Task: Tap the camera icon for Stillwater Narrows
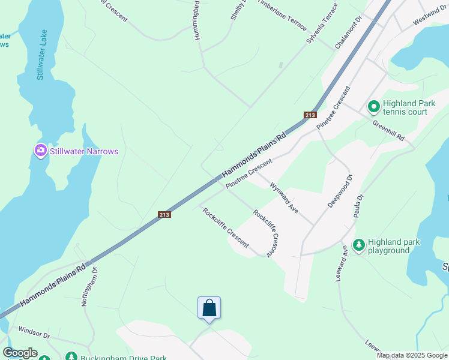pyautogui.click(x=41, y=151)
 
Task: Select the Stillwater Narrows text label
pyautogui.click(x=84, y=151)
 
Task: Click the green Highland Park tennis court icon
pyautogui.click(x=373, y=107)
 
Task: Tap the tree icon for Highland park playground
pyautogui.click(x=359, y=245)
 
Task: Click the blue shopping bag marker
pyautogui.click(x=209, y=308)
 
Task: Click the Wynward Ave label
pyautogui.click(x=284, y=198)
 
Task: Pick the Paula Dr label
pyautogui.click(x=359, y=206)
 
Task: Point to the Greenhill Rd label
pyautogui.click(x=388, y=130)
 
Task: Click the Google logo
pyautogui.click(x=20, y=353)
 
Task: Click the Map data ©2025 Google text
pyautogui.click(x=412, y=355)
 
